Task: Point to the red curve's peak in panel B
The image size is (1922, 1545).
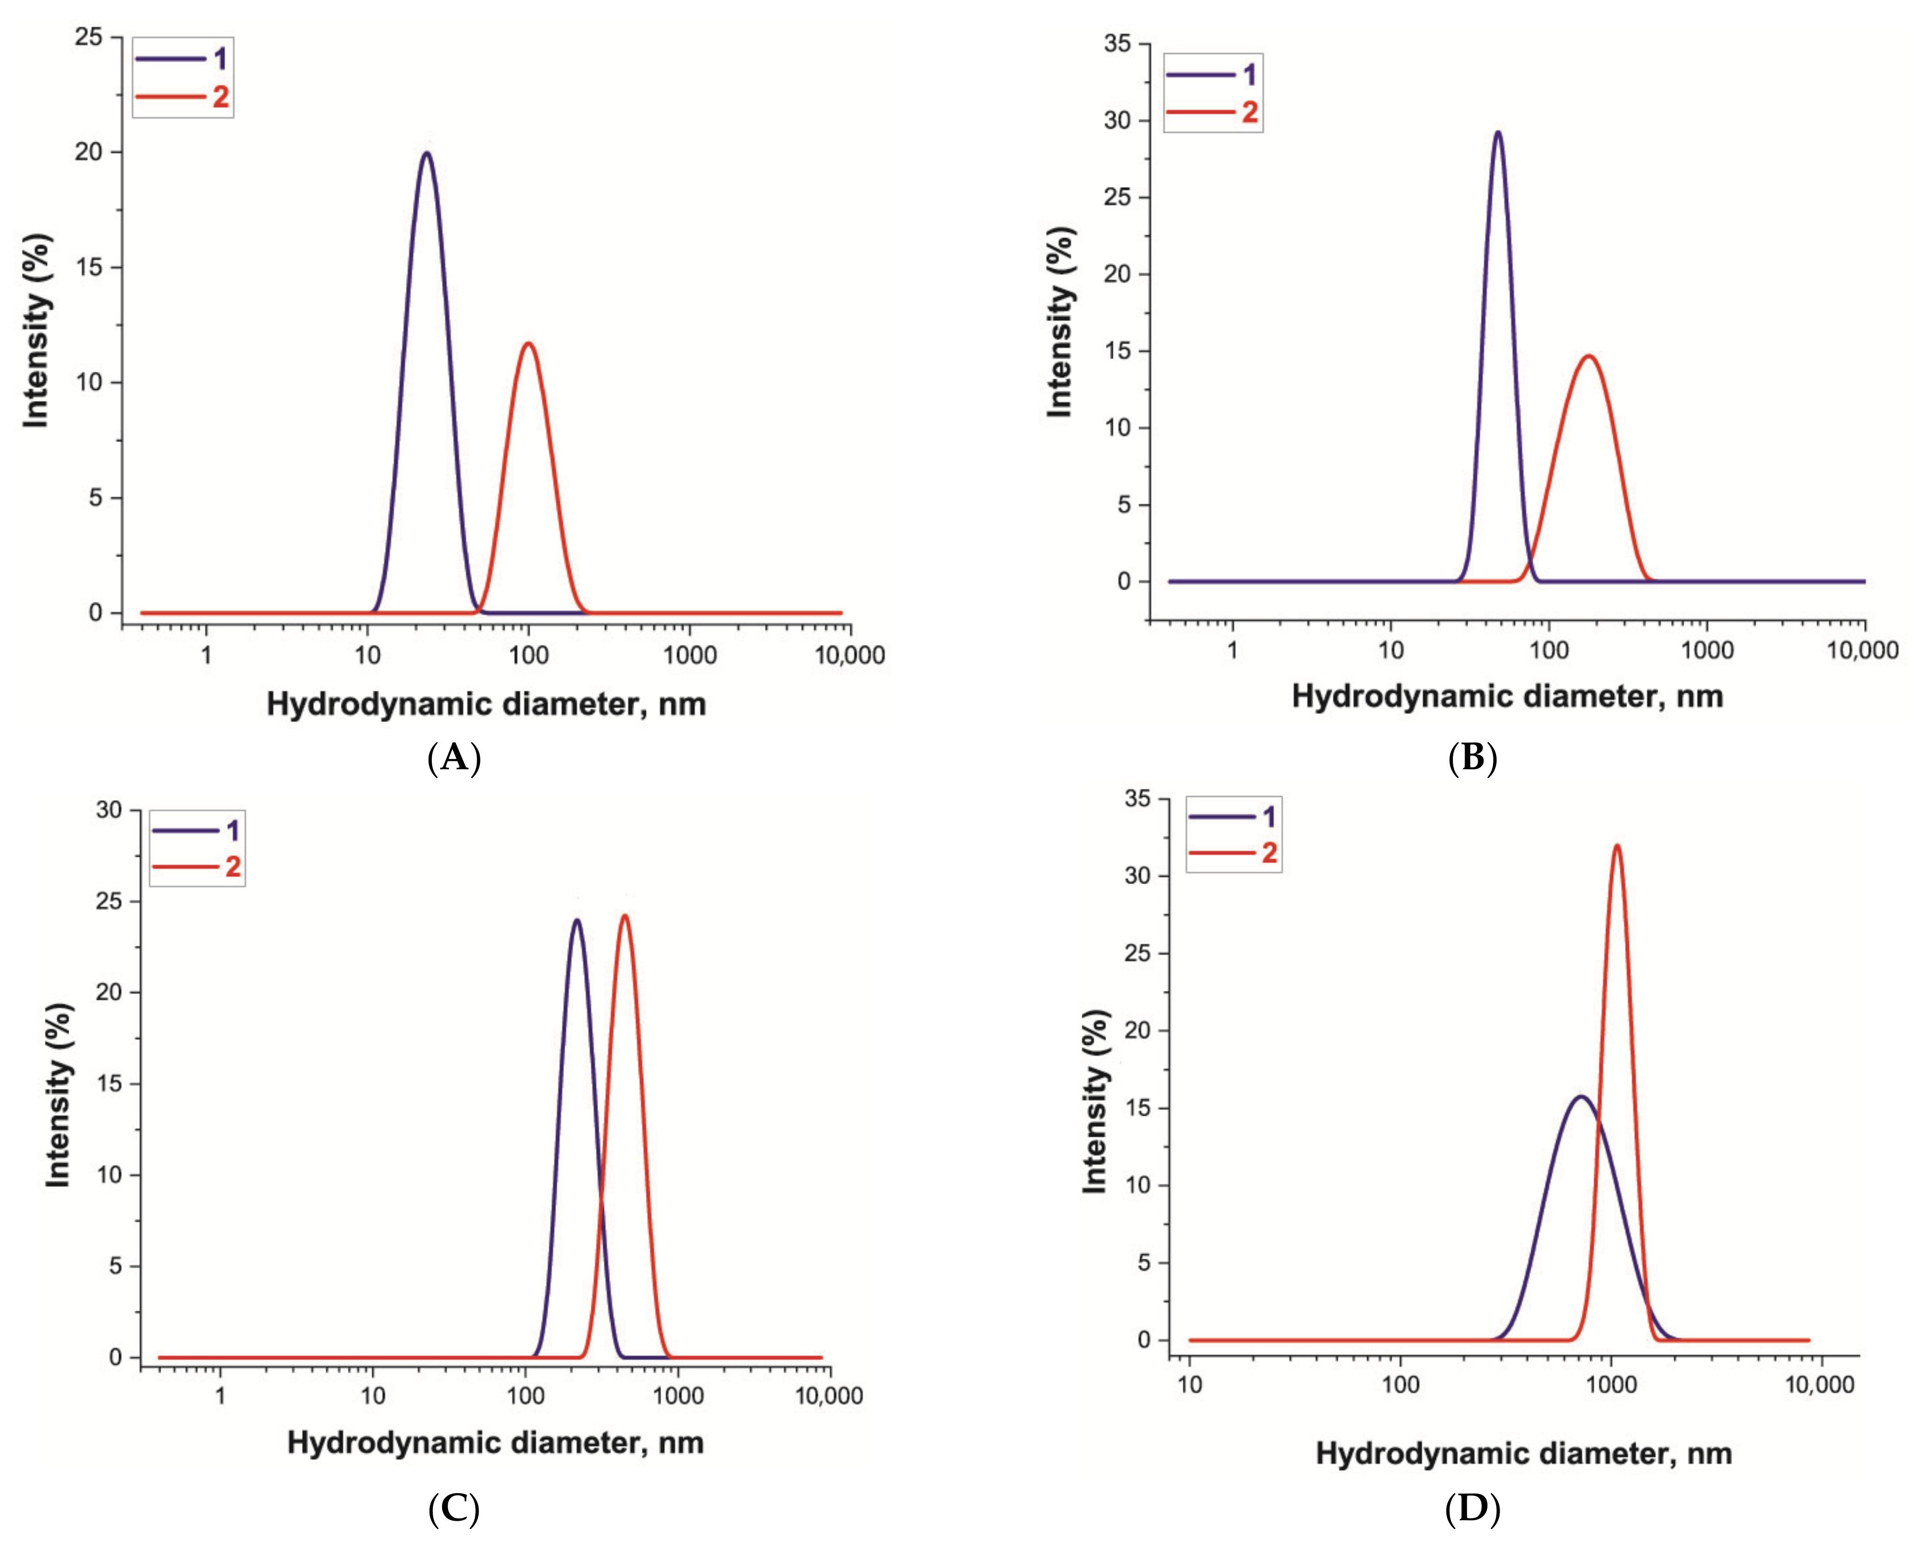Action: pyautogui.click(x=1588, y=356)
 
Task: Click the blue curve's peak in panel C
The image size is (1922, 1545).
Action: pyautogui.click(x=577, y=920)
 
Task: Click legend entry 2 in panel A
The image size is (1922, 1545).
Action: pyautogui.click(x=183, y=96)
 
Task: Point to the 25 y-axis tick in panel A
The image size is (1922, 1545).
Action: pyautogui.click(x=89, y=37)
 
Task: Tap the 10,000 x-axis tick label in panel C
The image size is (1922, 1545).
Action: pyautogui.click(x=829, y=1395)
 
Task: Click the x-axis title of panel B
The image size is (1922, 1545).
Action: pyautogui.click(x=1507, y=696)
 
